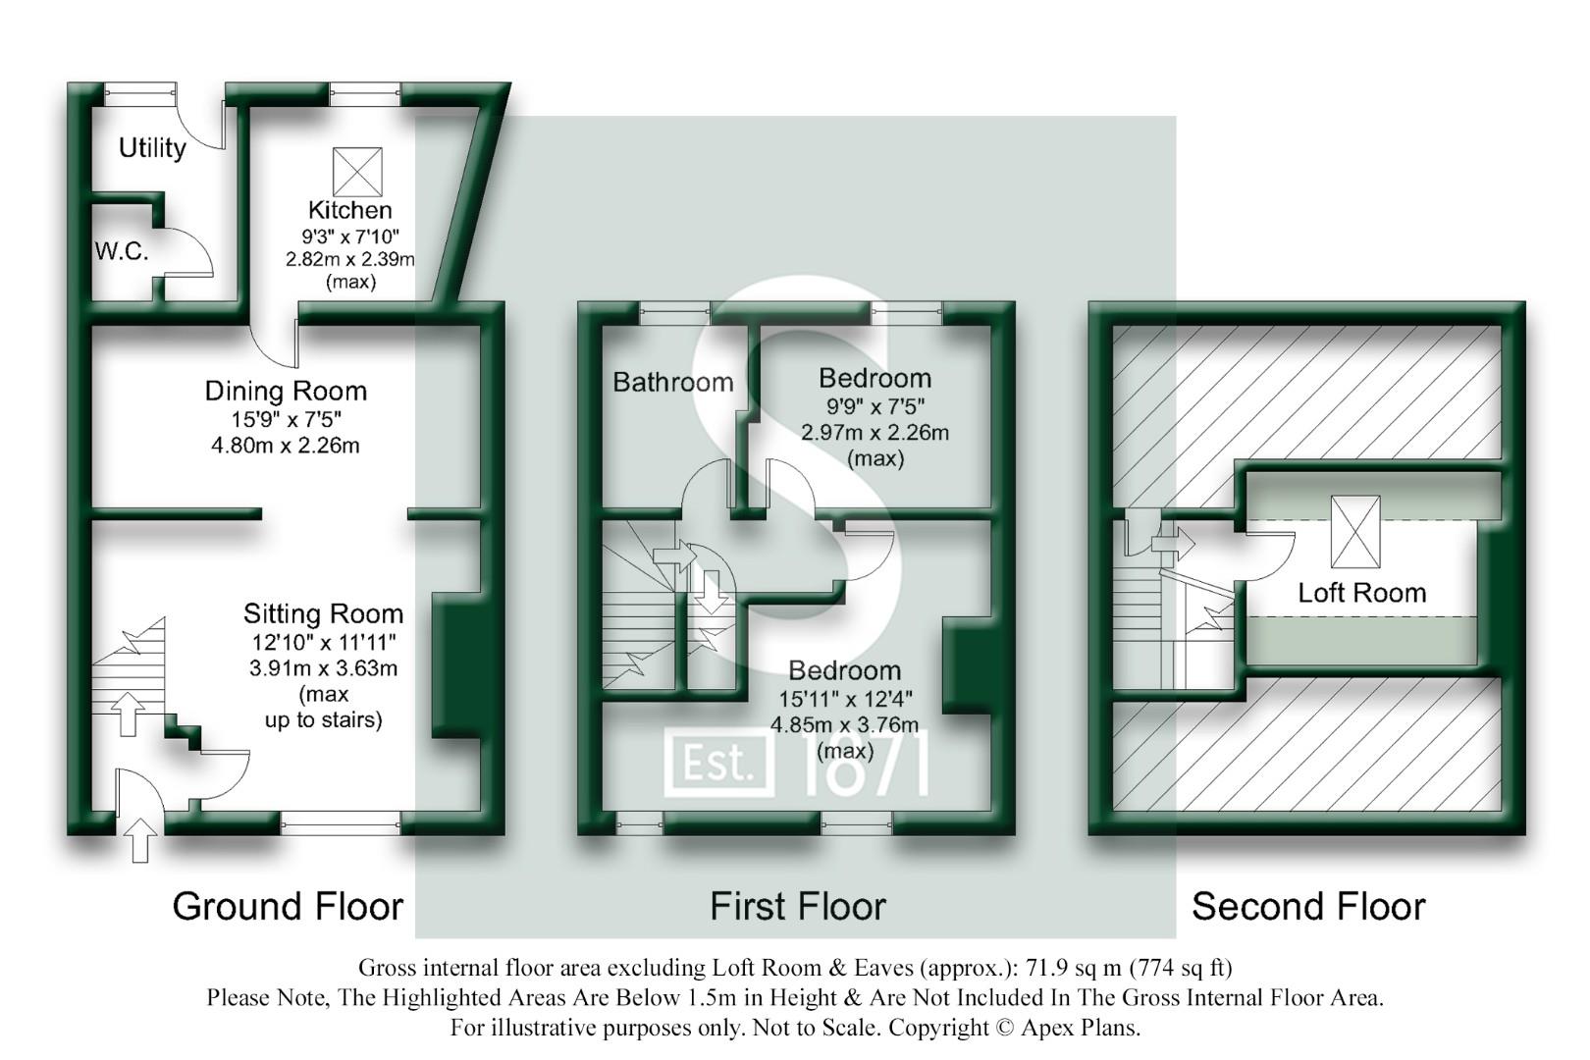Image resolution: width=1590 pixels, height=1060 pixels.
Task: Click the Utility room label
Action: pos(152,148)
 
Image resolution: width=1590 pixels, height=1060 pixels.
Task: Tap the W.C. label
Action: pos(122,251)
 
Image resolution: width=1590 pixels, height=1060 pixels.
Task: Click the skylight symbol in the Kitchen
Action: pos(357,172)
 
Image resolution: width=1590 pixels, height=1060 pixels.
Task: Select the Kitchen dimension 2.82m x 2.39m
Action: pos(349,259)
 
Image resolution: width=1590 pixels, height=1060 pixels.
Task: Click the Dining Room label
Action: pos(286,391)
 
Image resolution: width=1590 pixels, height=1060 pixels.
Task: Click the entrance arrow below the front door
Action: pos(140,840)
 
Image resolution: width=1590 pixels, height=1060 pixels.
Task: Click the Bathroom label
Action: pos(672,382)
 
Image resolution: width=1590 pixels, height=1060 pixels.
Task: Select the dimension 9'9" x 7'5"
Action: pos(874,405)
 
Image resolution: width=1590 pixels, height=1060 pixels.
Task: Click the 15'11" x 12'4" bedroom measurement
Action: pos(845,699)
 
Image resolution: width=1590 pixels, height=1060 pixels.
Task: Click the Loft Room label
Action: pos(1361,593)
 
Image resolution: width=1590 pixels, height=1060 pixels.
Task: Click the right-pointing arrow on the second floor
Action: pos(1173,542)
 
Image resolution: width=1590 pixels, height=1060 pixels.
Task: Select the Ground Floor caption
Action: pos(288,906)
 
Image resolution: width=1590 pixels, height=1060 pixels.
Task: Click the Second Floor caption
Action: pos(1307,906)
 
